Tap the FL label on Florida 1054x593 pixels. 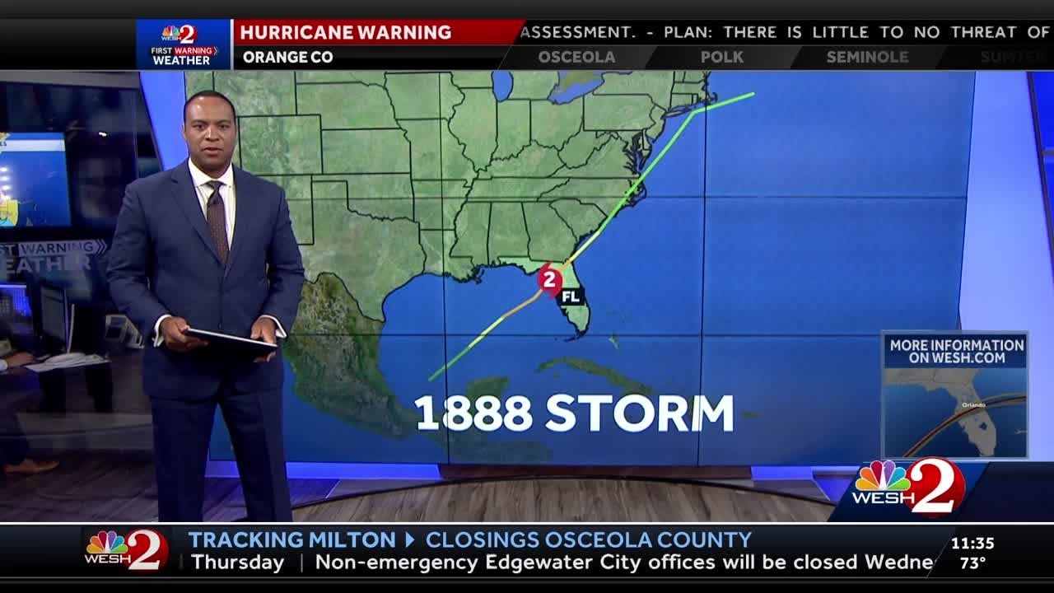tap(571, 296)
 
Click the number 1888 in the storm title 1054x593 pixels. tap(473, 413)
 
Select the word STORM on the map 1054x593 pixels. tap(639, 413)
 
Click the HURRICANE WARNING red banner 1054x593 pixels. tap(346, 32)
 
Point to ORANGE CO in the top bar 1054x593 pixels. tap(287, 57)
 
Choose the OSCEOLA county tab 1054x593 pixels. tap(576, 57)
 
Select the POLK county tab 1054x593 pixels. tap(721, 57)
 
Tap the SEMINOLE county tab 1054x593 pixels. tap(867, 57)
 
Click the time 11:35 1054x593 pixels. tap(972, 544)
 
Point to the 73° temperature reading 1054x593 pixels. tap(972, 563)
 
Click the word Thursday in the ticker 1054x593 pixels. tap(237, 563)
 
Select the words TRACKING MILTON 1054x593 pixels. tap(291, 540)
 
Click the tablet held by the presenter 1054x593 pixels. tap(230, 339)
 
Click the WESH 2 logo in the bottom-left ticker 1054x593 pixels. tap(127, 549)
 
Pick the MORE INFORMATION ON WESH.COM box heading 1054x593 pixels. tap(956, 352)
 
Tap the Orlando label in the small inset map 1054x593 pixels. tap(973, 405)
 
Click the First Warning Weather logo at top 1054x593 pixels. tap(184, 44)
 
